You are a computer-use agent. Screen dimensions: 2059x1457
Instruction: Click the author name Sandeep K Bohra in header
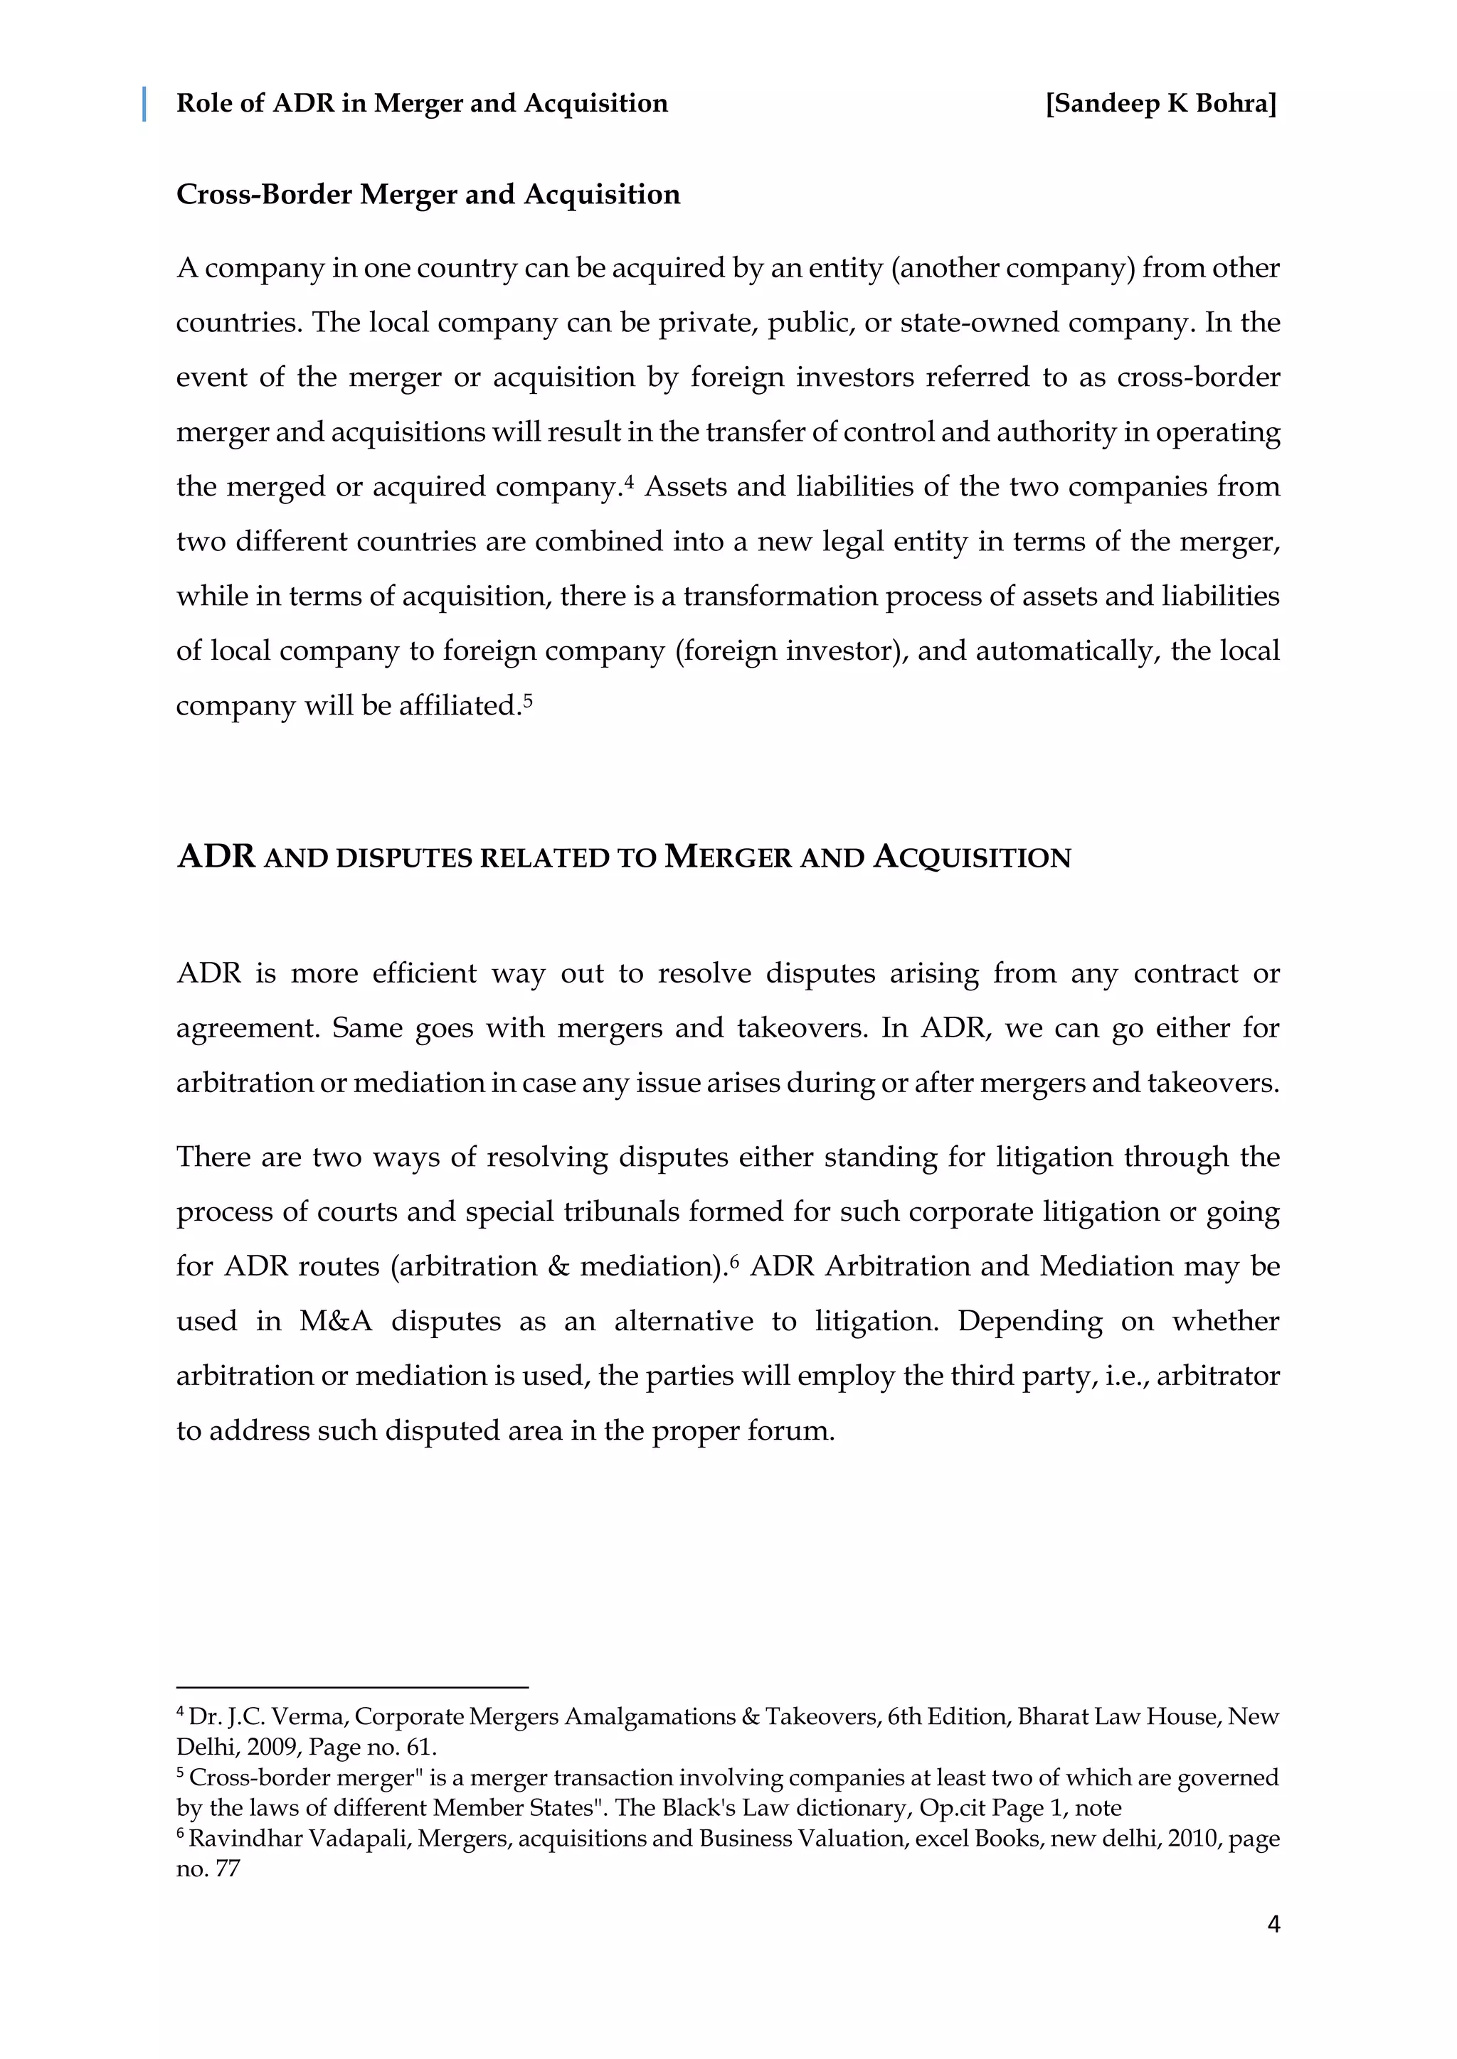(1161, 104)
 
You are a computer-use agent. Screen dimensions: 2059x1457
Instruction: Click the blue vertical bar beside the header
(144, 104)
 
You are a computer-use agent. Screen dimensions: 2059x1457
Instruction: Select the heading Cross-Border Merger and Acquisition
(428, 195)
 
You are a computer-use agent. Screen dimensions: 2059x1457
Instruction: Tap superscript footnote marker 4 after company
(629, 481)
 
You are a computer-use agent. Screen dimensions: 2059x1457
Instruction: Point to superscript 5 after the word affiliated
(528, 700)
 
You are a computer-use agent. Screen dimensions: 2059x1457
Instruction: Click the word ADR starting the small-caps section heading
(216, 857)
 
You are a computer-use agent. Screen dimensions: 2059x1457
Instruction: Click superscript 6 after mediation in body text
(734, 1260)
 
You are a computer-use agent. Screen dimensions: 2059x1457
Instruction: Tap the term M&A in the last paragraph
(336, 1321)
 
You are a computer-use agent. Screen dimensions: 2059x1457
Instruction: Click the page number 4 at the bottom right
(1273, 1925)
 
